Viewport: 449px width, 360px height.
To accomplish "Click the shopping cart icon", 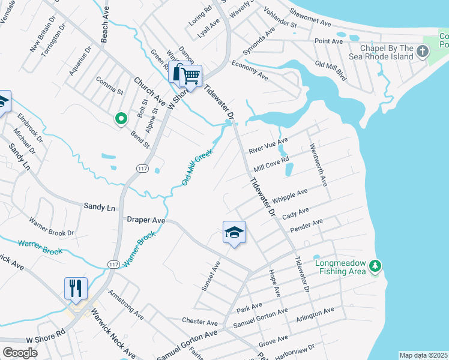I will coord(191,76).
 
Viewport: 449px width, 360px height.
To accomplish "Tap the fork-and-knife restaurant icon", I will coord(76,287).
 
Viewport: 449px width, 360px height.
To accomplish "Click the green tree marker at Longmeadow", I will coord(375,265).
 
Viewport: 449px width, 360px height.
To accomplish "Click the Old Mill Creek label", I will coord(197,167).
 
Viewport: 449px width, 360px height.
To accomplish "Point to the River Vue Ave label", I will coord(268,144).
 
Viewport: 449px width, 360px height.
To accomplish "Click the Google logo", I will coord(20,353).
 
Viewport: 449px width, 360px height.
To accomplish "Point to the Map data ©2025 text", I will coord(423,355).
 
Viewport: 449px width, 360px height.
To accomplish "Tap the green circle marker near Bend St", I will coord(121,119).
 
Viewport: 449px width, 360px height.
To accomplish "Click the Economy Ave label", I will coord(249,70).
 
